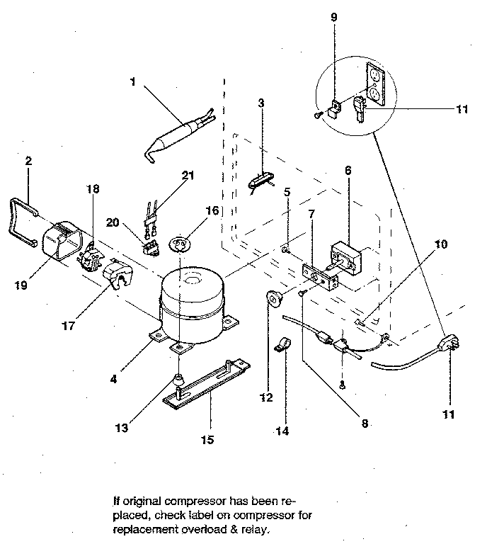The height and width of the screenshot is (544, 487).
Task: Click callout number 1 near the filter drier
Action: point(133,81)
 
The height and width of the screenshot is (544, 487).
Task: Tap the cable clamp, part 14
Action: point(282,346)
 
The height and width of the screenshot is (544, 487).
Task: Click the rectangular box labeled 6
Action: point(345,255)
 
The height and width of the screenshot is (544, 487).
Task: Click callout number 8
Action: point(364,424)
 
